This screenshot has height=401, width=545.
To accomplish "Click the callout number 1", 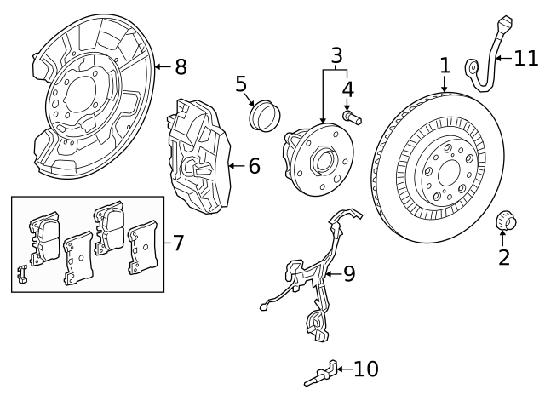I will coord(444,66).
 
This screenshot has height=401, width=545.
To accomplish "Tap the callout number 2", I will coord(504,256).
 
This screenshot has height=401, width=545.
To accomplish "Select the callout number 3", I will coord(337,56).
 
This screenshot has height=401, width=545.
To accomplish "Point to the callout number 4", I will coord(347,89).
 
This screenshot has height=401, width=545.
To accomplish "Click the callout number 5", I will coord(242,84).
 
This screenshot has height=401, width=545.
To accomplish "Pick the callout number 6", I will coord(253,166).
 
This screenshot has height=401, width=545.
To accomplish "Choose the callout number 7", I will coord(177,243).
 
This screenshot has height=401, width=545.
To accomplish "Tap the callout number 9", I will coord(348,273).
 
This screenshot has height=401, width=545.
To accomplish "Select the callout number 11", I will coord(526,58).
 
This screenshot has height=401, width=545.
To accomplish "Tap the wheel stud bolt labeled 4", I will coord(350,115).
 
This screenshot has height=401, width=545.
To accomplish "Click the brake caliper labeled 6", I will coord(198,158).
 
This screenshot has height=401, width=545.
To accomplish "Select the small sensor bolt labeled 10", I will coord(320,372).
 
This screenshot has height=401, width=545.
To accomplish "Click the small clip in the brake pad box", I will coord(23,274).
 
